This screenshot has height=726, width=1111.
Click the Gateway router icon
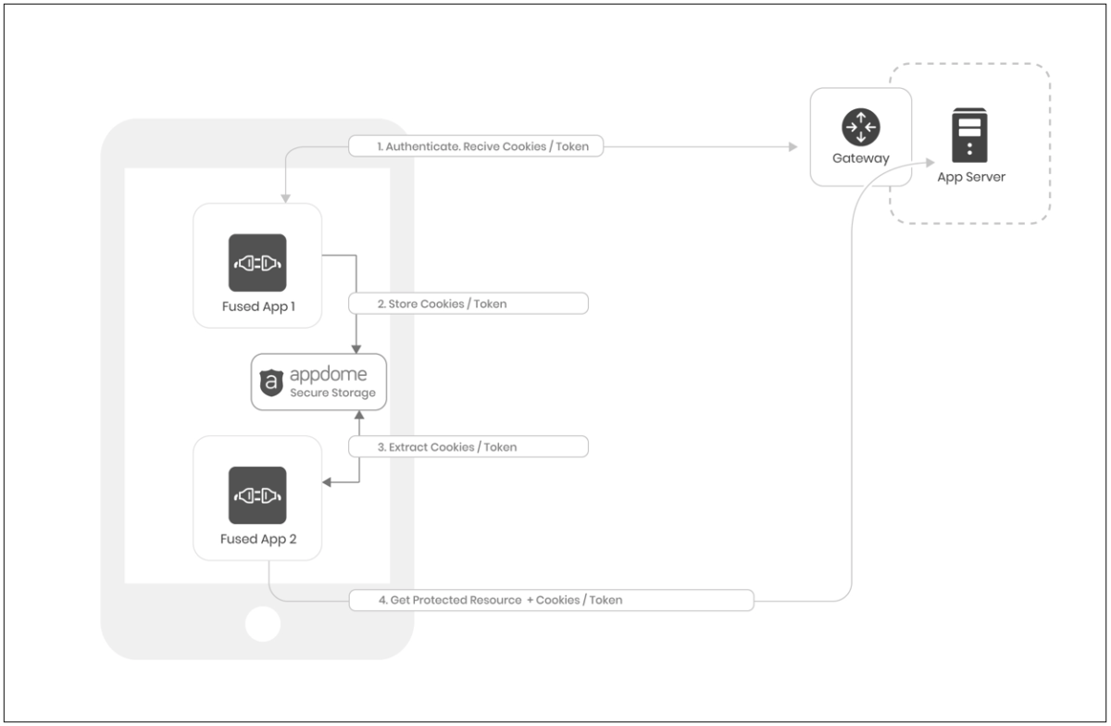click(x=861, y=126)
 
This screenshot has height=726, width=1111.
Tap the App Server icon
click(x=969, y=135)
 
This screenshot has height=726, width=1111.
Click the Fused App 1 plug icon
click(x=257, y=263)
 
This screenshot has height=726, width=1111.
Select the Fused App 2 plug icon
click(x=257, y=495)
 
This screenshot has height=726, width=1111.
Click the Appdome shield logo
click(x=271, y=382)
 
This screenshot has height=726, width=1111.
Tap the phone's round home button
click(x=264, y=624)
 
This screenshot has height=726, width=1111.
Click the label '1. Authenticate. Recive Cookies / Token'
click(x=476, y=146)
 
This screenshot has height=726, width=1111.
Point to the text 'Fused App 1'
click(x=257, y=307)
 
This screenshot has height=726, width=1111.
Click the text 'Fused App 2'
click(x=257, y=539)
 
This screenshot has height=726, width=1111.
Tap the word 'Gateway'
click(x=861, y=158)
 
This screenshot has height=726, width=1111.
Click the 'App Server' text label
click(x=969, y=177)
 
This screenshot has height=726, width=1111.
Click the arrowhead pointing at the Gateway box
click(x=793, y=146)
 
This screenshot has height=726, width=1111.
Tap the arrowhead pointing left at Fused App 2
click(x=326, y=482)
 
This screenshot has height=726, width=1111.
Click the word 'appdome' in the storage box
click(x=328, y=374)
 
